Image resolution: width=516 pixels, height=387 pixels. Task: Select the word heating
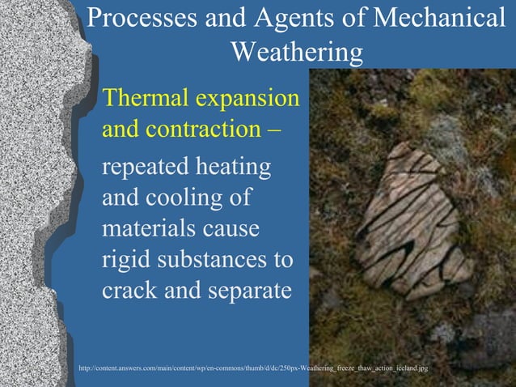[x=239, y=169]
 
